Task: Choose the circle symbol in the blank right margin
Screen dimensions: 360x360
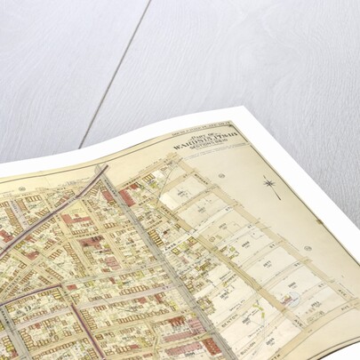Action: coord(308,249)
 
